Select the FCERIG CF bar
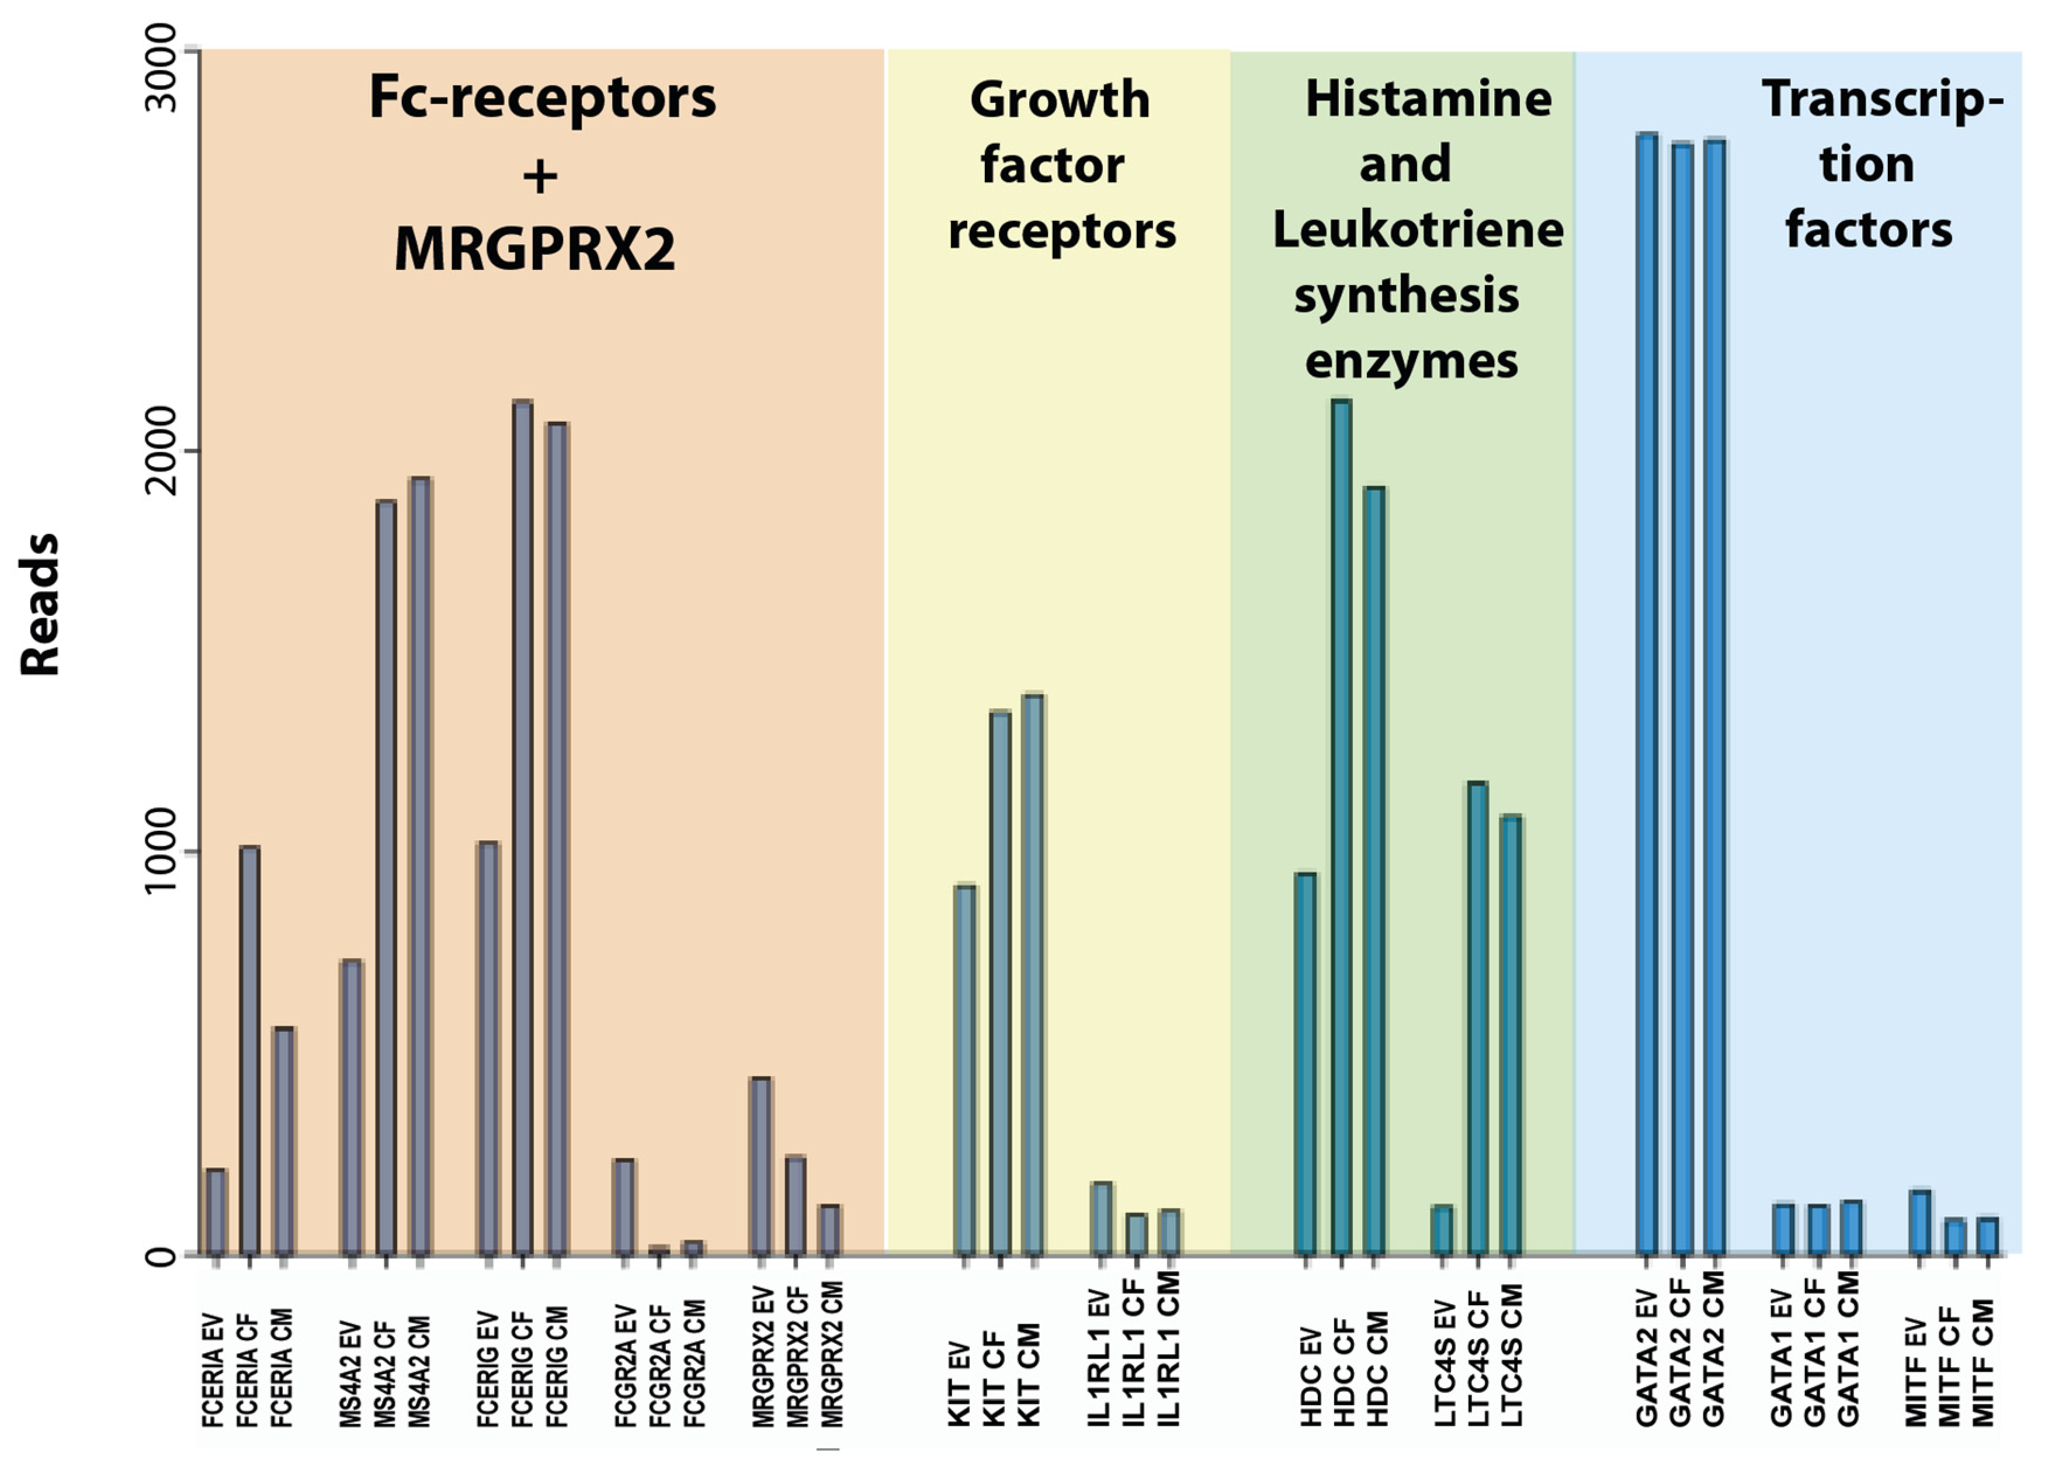pos(522,827)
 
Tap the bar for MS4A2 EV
pos(352,1107)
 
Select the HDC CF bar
pos(1341,827)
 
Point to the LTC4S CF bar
pos(1477,1018)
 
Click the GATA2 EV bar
pos(1647,693)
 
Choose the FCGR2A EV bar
pos(624,1206)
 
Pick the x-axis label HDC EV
pos(1311,1375)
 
